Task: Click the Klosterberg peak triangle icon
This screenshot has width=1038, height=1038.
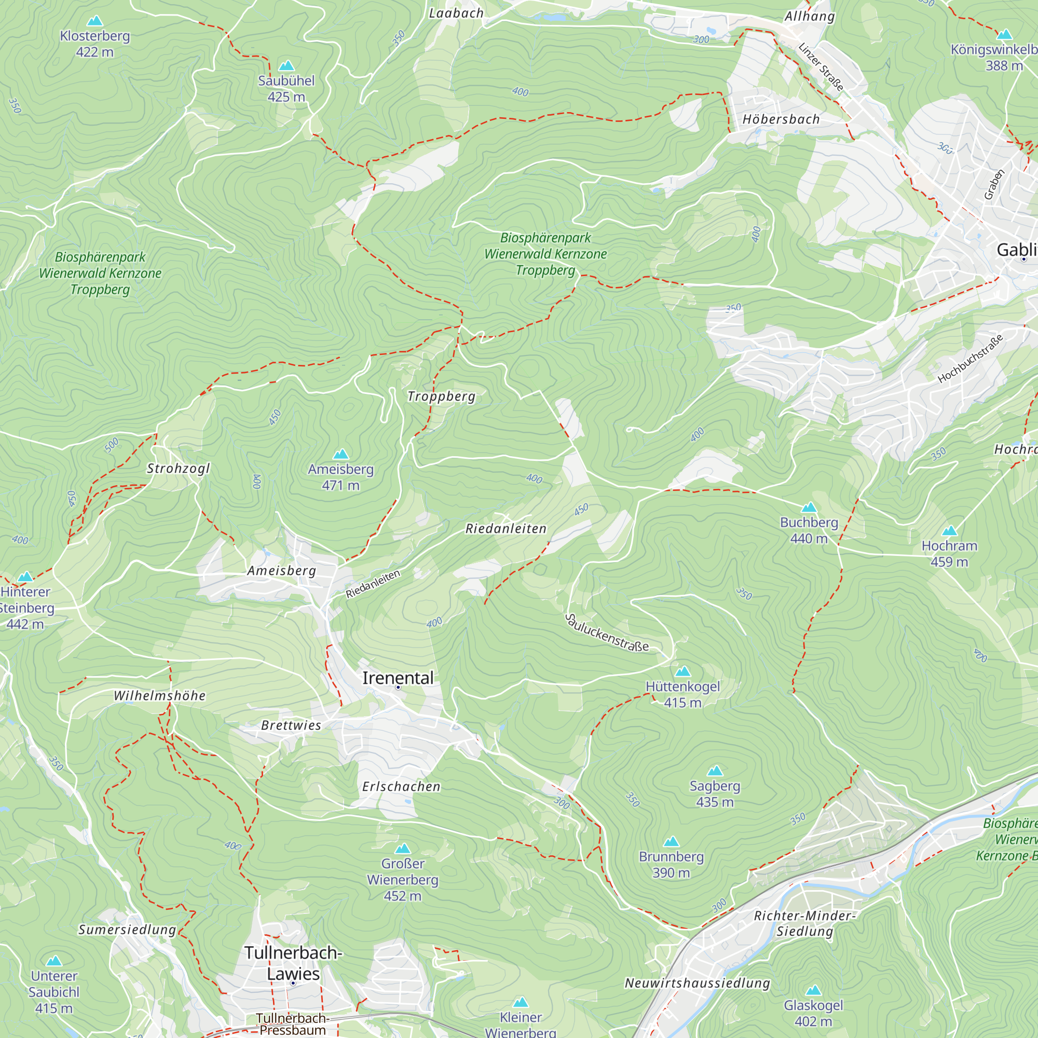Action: (95, 21)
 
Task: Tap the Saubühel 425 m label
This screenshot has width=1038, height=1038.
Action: (286, 89)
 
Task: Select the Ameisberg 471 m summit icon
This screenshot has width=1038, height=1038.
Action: (340, 455)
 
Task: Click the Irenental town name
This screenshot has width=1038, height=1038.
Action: (398, 678)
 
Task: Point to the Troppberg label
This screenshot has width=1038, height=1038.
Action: (441, 397)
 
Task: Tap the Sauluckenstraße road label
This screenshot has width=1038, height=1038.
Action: (607, 633)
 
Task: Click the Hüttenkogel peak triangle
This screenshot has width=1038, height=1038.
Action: (682, 672)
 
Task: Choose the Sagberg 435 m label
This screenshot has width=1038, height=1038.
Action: (715, 794)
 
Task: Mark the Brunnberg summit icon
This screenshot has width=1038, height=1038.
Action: (671, 842)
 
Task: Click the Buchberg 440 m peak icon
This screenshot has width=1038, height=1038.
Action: (809, 508)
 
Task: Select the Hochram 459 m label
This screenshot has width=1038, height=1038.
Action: (949, 554)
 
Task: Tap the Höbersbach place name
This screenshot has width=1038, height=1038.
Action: (781, 119)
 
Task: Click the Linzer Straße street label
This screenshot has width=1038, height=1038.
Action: (821, 67)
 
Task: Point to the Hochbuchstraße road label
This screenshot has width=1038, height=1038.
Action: (971, 359)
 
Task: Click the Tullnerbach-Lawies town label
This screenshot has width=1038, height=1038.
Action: (293, 963)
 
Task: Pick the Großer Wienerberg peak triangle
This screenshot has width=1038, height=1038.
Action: (402, 849)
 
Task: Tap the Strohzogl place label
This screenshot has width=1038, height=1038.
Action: (179, 469)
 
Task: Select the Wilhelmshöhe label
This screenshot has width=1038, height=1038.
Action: (159, 696)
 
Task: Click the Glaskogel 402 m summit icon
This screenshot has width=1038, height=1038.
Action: (813, 990)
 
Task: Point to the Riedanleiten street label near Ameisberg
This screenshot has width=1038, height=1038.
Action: (373, 584)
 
